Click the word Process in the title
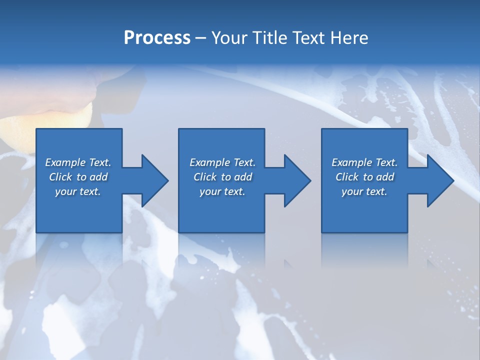157,38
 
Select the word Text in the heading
307,38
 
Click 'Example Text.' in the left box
78,162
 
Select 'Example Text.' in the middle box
222,162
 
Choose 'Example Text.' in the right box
364,162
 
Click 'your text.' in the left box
78,191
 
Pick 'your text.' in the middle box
222,191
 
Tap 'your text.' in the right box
364,191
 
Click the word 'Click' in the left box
60,177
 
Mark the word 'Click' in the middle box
205,177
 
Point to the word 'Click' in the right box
347,177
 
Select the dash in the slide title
200,38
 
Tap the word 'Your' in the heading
228,38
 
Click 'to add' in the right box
380,177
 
